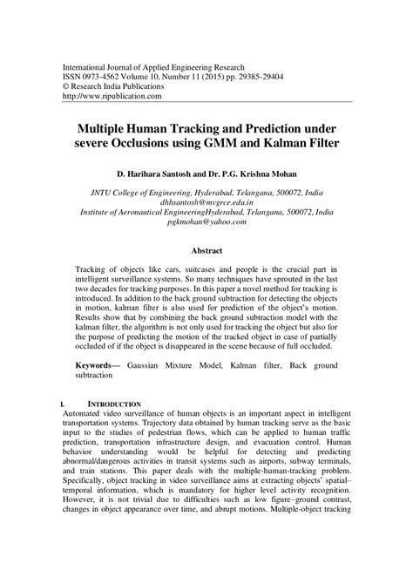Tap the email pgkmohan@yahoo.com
coord(206,222)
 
